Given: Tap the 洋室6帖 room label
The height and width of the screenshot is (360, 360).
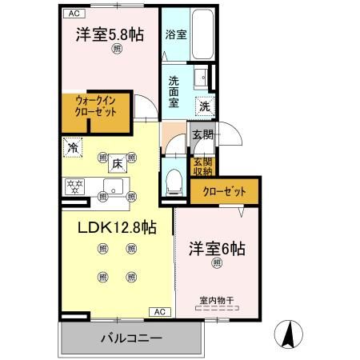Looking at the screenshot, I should (x=218, y=249).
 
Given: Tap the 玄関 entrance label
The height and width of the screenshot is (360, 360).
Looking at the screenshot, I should (x=202, y=134).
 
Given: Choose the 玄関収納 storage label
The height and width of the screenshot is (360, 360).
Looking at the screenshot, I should (x=202, y=165).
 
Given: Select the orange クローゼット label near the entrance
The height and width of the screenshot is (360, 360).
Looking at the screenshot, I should (x=224, y=192).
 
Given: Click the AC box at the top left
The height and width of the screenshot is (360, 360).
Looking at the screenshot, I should (x=72, y=14).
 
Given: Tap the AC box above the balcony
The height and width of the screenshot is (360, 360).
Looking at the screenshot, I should (x=158, y=311).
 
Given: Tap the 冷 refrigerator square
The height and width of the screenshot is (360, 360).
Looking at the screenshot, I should (x=73, y=148).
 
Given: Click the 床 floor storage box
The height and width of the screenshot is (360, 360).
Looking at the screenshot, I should (x=116, y=164).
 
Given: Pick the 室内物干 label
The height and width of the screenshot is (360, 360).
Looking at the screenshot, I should (x=217, y=301).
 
